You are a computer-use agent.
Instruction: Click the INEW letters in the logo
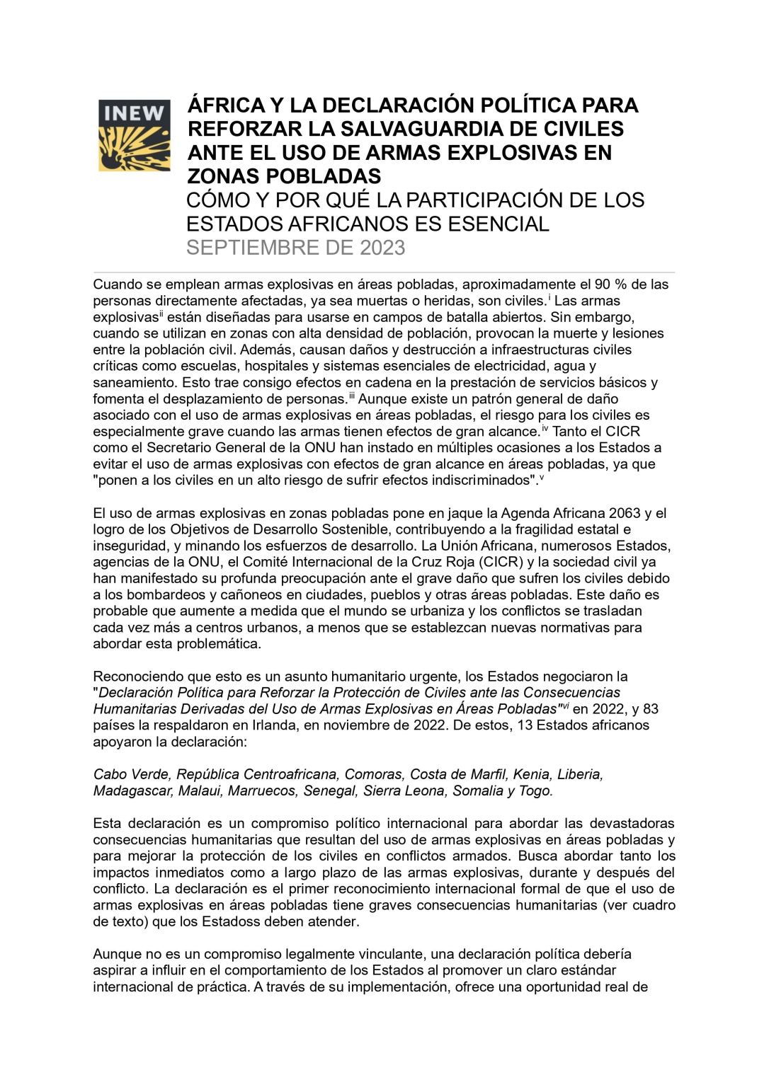pyautogui.click(x=134, y=113)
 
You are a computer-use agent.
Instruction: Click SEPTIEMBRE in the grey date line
pyautogui.click(x=253, y=248)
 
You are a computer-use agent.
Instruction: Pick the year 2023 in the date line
pyautogui.click(x=382, y=248)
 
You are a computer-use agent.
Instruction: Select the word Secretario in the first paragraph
pyautogui.click(x=179, y=447)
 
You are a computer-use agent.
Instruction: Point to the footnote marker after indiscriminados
pyautogui.click(x=542, y=478)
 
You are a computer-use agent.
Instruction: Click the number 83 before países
pyautogui.click(x=651, y=708)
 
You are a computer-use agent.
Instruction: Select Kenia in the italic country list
pyautogui.click(x=531, y=774)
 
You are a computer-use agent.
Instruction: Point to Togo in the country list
pyautogui.click(x=535, y=790)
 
